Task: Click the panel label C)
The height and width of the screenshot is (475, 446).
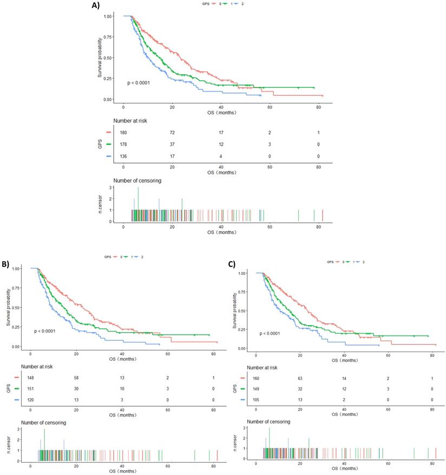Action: pos(231,264)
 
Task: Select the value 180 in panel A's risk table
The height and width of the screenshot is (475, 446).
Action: pos(124,132)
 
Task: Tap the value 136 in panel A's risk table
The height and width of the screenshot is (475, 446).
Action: pos(124,156)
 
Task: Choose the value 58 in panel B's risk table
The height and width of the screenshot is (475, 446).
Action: pos(76,378)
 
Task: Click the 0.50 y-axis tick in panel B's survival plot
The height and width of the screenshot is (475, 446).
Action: pos(16,308)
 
